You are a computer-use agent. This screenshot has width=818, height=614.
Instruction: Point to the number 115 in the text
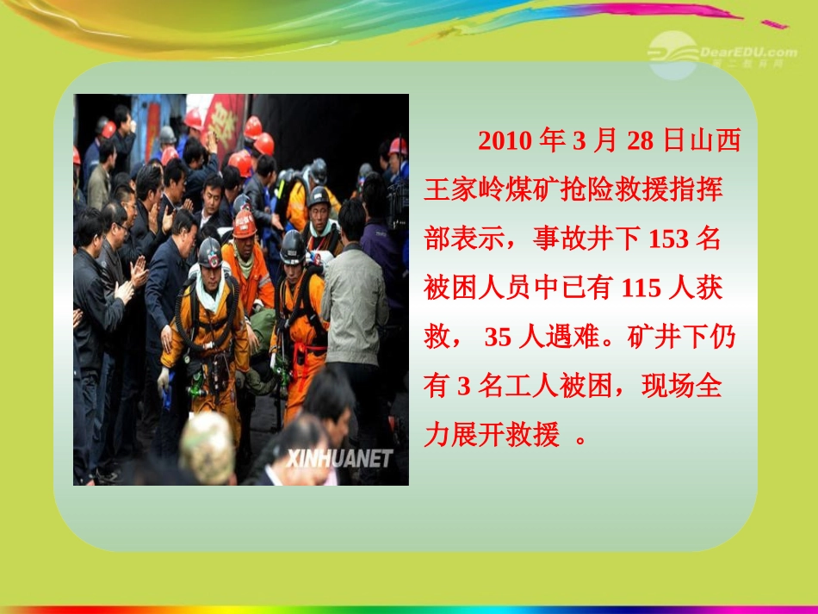click(x=641, y=288)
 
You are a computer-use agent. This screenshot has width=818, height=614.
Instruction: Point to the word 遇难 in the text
click(x=569, y=338)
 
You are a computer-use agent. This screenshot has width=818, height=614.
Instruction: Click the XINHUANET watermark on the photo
click(x=340, y=457)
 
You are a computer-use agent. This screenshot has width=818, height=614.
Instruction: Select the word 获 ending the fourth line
click(x=710, y=288)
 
